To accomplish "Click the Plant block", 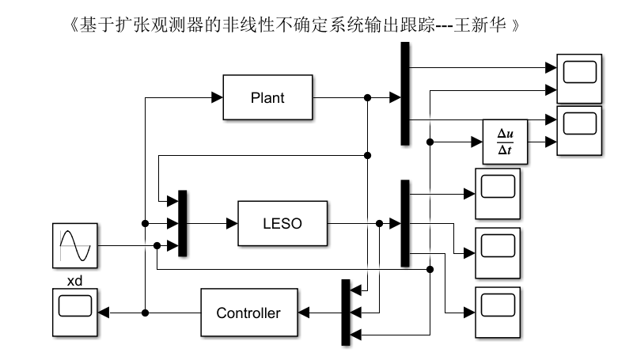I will [x=267, y=98].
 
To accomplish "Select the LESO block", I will [x=282, y=223].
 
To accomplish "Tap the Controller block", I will [x=248, y=313].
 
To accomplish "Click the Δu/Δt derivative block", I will [x=505, y=142].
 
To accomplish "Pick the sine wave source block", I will [x=77, y=244].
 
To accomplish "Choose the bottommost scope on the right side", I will [x=497, y=313].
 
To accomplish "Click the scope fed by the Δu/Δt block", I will [x=579, y=132].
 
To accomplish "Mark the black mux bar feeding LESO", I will [x=183, y=223].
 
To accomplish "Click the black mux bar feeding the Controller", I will [x=345, y=313].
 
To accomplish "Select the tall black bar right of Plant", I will [x=405, y=93].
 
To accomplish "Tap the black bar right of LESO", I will [x=405, y=223].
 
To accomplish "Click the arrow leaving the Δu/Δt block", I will [x=542, y=142].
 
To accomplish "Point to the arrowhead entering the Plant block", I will [x=217, y=98].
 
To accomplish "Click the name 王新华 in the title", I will [x=492, y=26].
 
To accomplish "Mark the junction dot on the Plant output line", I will [x=367, y=98].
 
